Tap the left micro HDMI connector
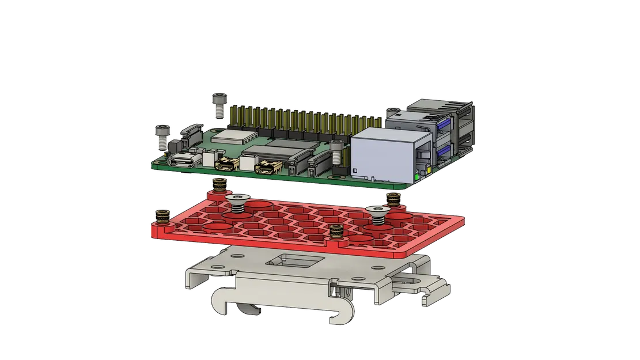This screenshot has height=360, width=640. coord(226,165)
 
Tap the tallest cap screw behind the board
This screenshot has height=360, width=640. coord(219,105)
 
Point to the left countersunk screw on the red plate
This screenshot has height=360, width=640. coord(237,201)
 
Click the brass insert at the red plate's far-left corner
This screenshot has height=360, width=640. coord(162,217)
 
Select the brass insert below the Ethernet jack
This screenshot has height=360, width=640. coord(393,200)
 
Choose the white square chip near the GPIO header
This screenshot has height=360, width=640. coord(234,136)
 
